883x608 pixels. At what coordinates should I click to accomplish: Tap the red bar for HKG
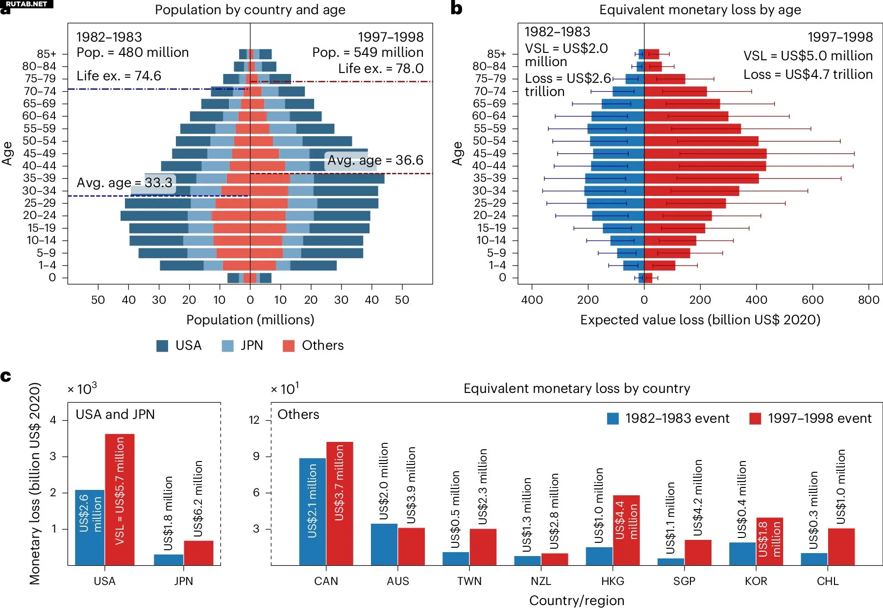click(x=626, y=530)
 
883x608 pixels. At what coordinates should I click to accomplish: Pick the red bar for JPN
click(x=198, y=553)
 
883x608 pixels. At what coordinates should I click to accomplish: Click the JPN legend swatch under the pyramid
click(x=227, y=346)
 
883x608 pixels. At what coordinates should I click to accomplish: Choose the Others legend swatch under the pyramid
click(x=289, y=346)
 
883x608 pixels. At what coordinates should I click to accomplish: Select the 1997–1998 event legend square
click(x=755, y=418)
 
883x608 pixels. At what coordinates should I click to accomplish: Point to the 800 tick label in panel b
click(x=868, y=300)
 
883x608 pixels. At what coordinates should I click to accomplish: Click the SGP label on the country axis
click(x=684, y=581)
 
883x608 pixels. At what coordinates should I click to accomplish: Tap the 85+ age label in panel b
click(x=496, y=54)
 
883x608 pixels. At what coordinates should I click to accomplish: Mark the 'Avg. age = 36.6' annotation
click(x=375, y=160)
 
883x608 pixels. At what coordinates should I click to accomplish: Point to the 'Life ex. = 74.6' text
click(x=119, y=76)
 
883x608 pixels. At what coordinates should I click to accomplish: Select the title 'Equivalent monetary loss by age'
click(x=700, y=10)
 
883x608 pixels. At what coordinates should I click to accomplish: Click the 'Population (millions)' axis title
click(x=250, y=320)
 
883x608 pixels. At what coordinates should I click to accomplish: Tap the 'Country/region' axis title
click(x=577, y=601)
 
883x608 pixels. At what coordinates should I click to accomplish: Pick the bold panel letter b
click(x=456, y=8)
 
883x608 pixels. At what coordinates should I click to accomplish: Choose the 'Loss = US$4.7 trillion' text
click(x=808, y=74)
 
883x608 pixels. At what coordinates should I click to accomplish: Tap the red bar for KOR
click(x=769, y=541)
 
